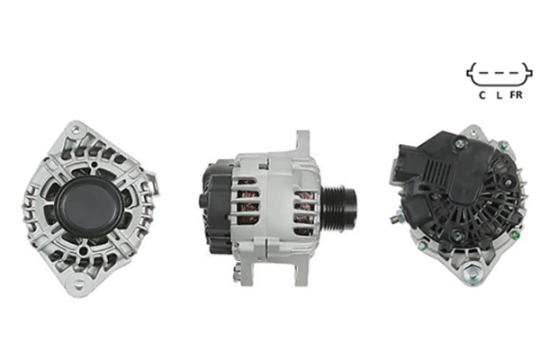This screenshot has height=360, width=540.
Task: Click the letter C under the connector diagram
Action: [x=482, y=95]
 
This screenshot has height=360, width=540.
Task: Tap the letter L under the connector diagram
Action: [x=499, y=95]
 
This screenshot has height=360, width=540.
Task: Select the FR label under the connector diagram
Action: [x=517, y=94]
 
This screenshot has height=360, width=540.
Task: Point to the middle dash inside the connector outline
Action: [x=499, y=73]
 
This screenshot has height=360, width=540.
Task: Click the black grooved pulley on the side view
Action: [x=339, y=206]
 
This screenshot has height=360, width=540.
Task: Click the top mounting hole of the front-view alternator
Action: [x=76, y=130]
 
